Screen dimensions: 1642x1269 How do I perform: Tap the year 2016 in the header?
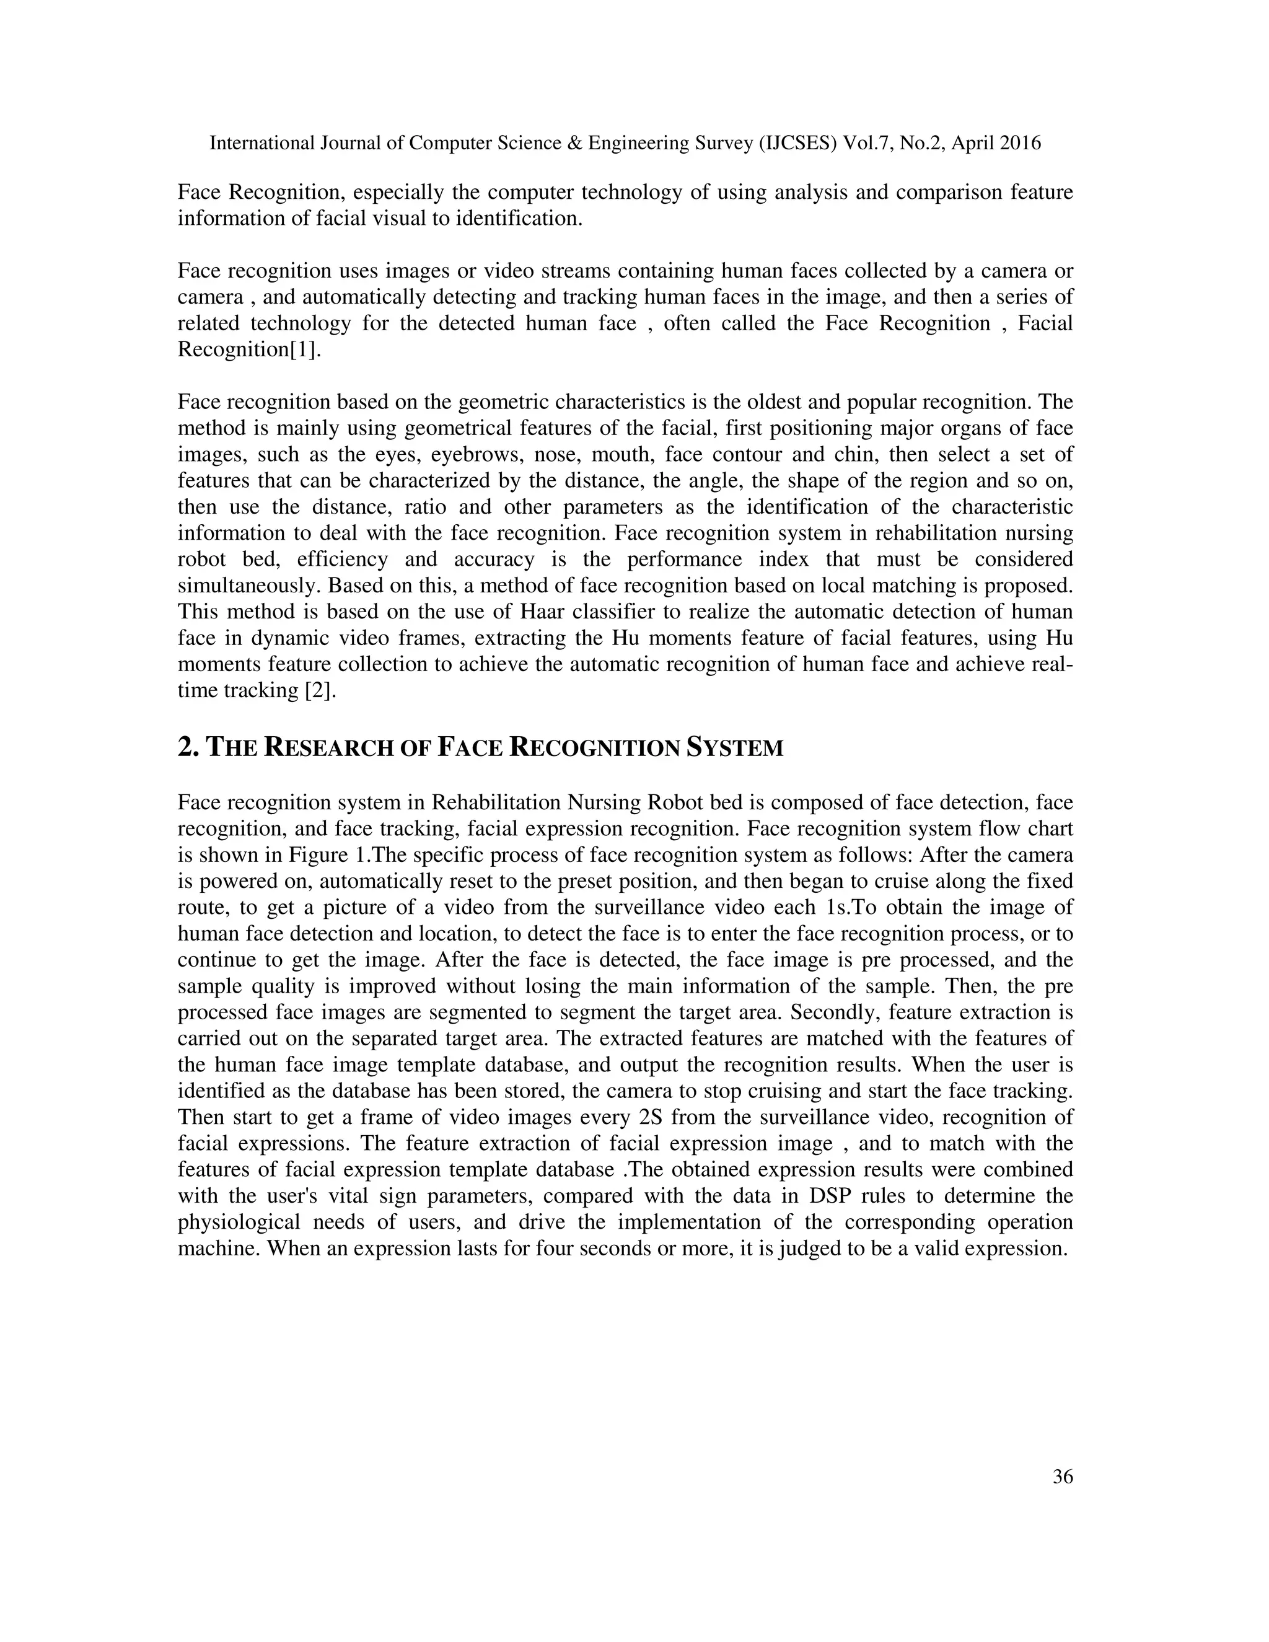coord(1020,143)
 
